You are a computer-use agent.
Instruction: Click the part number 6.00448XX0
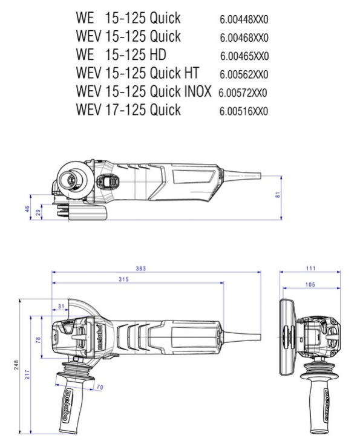click(244, 20)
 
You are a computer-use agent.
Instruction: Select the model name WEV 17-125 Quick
click(128, 109)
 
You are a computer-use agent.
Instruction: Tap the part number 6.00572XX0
click(243, 93)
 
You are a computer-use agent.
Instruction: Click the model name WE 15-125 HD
click(121, 54)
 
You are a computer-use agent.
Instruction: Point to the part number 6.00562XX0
click(244, 74)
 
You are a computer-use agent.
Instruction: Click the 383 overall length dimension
click(140, 268)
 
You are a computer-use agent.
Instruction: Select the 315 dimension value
click(124, 279)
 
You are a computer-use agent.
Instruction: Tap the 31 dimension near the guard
click(61, 306)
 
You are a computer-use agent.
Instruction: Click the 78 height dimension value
click(38, 339)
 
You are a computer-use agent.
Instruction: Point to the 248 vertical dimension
click(16, 365)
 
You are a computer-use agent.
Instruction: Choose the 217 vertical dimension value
click(27, 374)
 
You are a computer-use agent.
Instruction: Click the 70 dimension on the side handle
click(100, 387)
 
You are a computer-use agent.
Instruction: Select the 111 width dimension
click(310, 268)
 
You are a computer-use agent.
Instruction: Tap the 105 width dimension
click(310, 284)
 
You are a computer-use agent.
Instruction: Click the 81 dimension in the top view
click(278, 195)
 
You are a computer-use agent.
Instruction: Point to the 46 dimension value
click(27, 209)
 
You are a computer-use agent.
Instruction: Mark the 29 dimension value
click(38, 212)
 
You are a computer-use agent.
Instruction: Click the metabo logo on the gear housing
click(100, 338)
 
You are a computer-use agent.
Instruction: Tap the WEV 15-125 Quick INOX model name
click(143, 91)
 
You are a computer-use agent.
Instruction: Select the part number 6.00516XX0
click(244, 111)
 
